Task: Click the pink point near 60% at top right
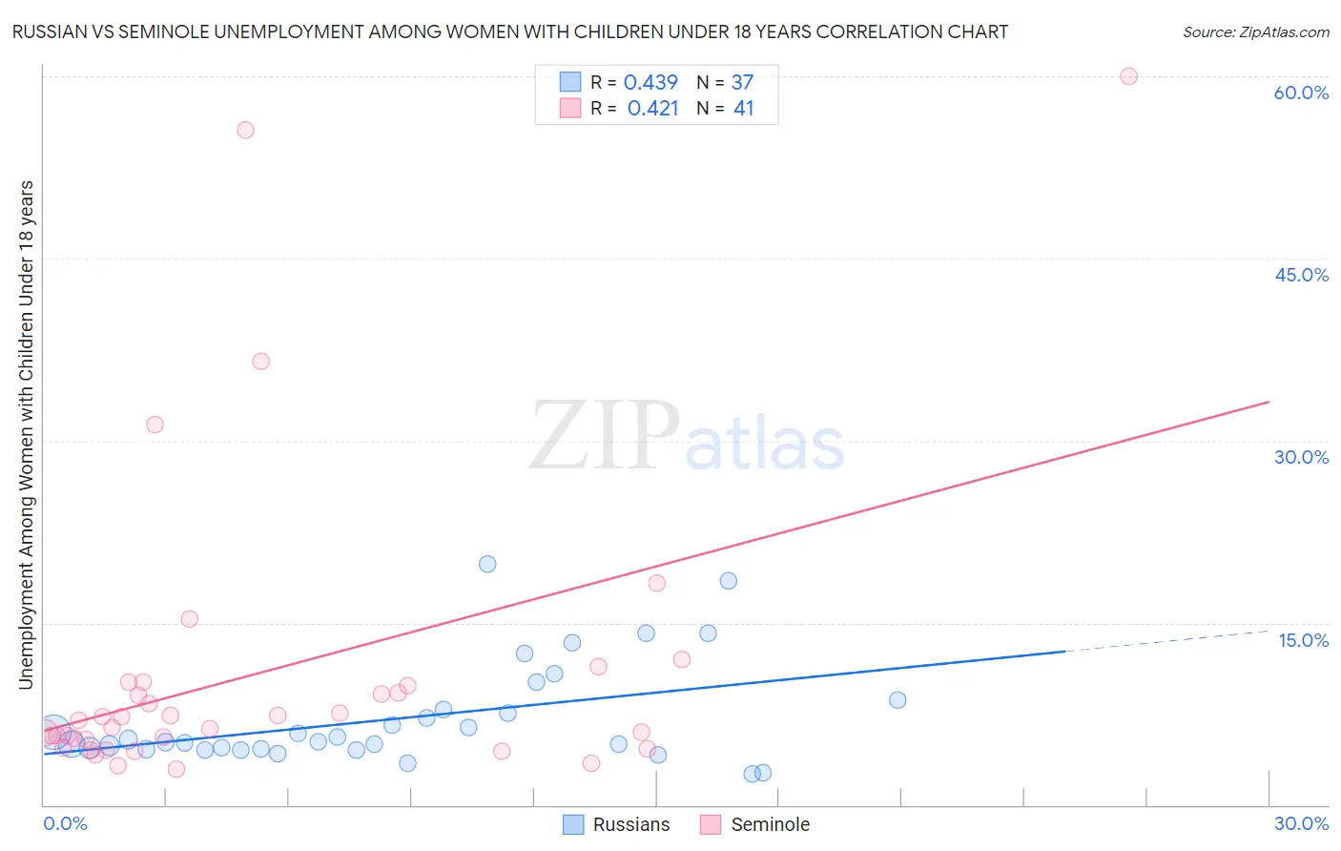[x=1128, y=76]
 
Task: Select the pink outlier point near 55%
[x=245, y=130]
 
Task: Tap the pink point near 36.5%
[x=260, y=362]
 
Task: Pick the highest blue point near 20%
[x=487, y=564]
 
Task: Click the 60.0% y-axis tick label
[x=1301, y=93]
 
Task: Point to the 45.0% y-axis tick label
[x=1301, y=275]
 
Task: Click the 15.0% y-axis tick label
[x=1303, y=640]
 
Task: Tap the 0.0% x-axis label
[x=65, y=823]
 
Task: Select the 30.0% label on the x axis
[x=1301, y=823]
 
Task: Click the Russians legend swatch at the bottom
[x=573, y=824]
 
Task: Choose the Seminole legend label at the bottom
[x=770, y=824]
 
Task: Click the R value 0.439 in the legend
[x=650, y=82]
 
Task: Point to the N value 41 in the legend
[x=744, y=109]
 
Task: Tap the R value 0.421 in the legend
[x=652, y=109]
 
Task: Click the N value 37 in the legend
[x=742, y=82]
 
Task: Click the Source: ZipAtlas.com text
[x=1255, y=32]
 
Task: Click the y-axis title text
[x=26, y=434]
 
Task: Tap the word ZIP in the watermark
[x=605, y=437]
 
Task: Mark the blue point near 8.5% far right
[x=897, y=700]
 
